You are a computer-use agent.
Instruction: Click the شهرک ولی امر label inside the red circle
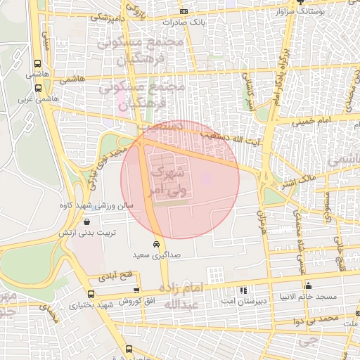tap(169, 180)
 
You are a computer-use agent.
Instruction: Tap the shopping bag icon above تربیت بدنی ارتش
tap(86, 221)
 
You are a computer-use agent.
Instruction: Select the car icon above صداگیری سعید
tap(156, 244)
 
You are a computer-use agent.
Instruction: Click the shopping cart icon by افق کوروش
tap(136, 290)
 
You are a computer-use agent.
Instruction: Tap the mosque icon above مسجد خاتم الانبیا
tap(308, 285)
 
